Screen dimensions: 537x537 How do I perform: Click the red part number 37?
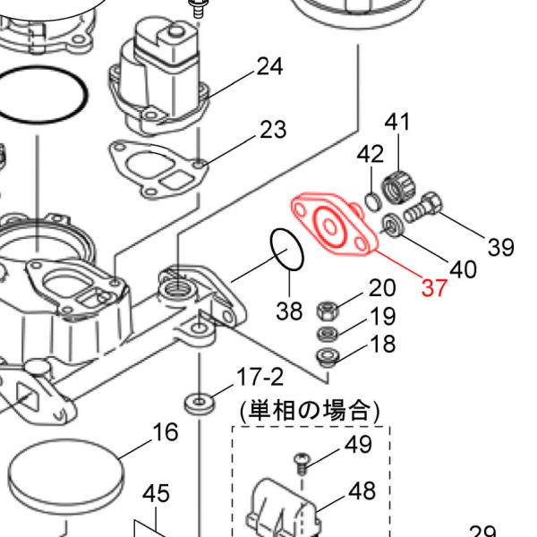tap(434, 287)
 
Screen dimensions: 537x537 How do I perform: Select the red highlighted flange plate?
tap(334, 225)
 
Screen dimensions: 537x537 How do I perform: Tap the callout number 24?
tap(269, 66)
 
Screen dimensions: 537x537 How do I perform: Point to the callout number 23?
tap(273, 130)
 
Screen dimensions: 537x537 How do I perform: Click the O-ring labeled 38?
tap(287, 249)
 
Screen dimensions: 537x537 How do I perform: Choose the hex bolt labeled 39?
tap(423, 208)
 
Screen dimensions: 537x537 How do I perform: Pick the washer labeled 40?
tap(393, 225)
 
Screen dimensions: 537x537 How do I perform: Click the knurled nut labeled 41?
tap(399, 188)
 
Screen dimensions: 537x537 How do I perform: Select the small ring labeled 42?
tap(372, 201)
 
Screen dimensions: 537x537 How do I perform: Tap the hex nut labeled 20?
tap(328, 311)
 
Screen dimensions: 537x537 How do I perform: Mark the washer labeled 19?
tap(328, 333)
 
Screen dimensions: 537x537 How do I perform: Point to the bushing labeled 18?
tap(328, 356)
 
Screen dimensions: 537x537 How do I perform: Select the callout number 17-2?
tap(260, 377)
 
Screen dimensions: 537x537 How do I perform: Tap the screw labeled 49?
tap(302, 464)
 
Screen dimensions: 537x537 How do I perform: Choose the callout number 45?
tap(156, 493)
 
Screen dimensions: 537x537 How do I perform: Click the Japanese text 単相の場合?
tap(310, 410)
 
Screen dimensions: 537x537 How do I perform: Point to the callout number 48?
tap(362, 490)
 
